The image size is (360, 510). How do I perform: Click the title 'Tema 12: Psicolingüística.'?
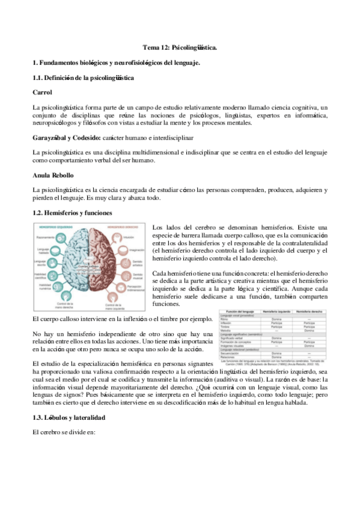(180, 46)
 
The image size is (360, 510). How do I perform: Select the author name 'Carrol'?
(42, 92)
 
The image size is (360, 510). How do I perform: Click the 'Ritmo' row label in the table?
(227, 319)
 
